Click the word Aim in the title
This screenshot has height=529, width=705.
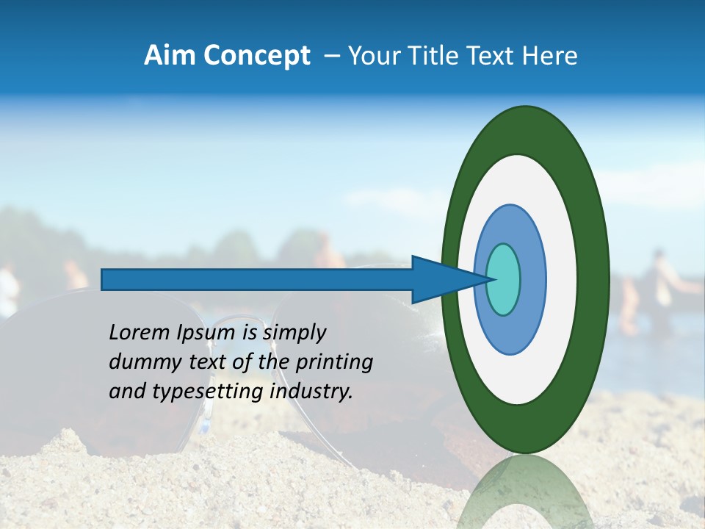point(170,56)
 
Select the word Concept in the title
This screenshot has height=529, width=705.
point(256,56)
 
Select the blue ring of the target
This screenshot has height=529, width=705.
point(532,279)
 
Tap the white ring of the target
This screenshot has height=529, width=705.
point(561,279)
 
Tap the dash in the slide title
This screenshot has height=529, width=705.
point(332,56)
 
